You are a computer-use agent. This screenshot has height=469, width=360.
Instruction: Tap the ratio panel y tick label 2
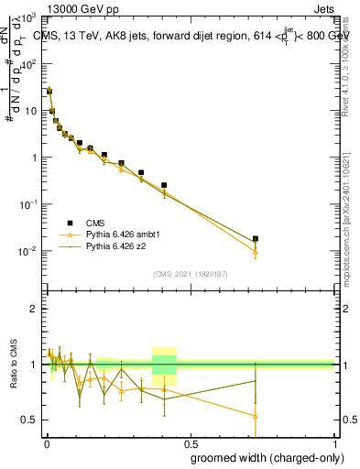(35, 309)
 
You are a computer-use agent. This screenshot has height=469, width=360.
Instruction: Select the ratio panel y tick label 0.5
(30, 420)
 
